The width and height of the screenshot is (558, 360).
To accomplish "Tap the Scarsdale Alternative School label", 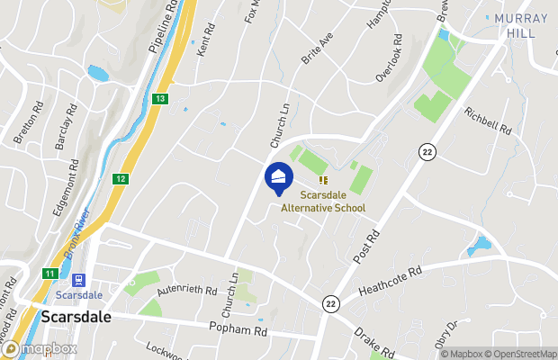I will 324,201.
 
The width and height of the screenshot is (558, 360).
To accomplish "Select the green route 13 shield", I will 160,98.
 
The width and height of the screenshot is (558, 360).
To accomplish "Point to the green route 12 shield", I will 121,179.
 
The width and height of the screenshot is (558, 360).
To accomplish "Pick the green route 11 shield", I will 49,273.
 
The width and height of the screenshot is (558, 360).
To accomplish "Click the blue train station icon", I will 78,280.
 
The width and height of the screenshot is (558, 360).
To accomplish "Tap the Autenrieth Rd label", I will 187,292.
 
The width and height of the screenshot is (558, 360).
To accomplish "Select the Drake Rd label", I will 373,346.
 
